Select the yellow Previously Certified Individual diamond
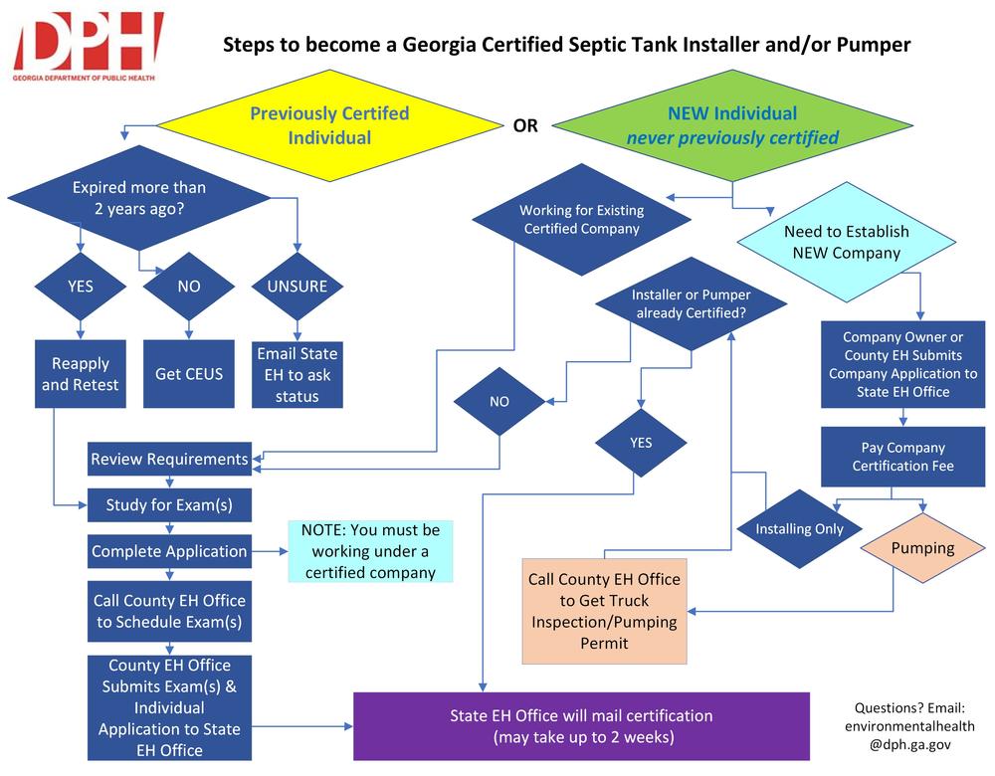tap(328, 125)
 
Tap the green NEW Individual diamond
tap(732, 125)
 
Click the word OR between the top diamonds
tap(524, 126)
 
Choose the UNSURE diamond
tap(298, 286)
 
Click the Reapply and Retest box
tap(80, 374)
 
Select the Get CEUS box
tap(189, 374)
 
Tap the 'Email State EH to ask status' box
tap(298, 374)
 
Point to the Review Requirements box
tap(169, 459)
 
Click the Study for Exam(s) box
tap(169, 504)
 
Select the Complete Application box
tap(169, 551)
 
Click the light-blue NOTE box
tap(370, 551)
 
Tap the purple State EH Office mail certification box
tap(582, 726)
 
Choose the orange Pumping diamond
tap(922, 548)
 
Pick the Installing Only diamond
tap(799, 528)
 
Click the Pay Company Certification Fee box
tap(903, 457)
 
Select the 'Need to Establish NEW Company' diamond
tap(846, 242)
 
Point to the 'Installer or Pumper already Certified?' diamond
tap(691, 304)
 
